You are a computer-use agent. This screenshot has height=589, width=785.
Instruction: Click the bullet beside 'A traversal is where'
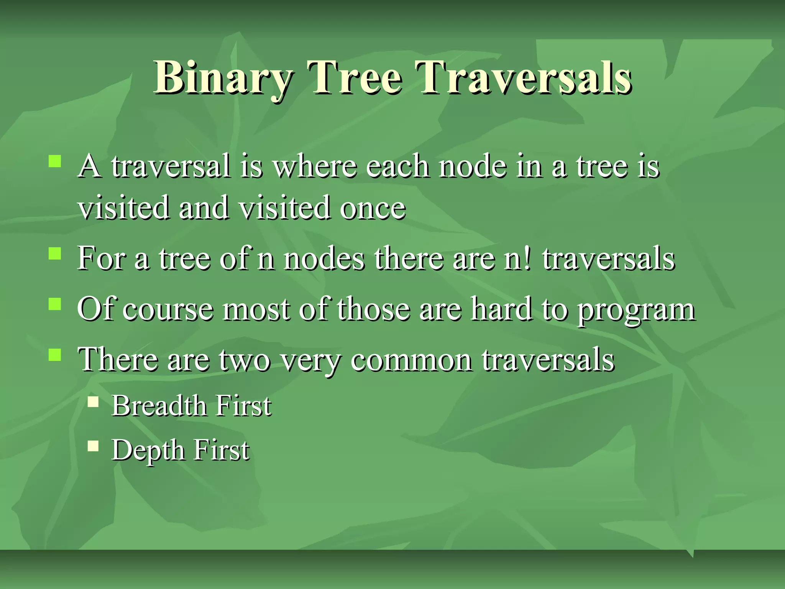pos(55,161)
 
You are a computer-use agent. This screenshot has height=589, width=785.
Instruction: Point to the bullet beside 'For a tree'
pos(55,253)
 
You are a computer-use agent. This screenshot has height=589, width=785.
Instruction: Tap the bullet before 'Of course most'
pos(55,304)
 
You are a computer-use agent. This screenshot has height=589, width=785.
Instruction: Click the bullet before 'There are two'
pos(55,355)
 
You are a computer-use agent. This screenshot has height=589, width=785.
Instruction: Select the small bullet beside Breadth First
pos(93,401)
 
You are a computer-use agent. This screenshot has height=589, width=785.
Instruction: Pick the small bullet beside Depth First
pos(93,446)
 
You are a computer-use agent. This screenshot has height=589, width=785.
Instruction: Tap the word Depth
pos(148,450)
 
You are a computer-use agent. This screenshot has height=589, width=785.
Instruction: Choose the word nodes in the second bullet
pos(324,258)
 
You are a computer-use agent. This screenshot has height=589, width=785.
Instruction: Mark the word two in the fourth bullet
pos(245,360)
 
